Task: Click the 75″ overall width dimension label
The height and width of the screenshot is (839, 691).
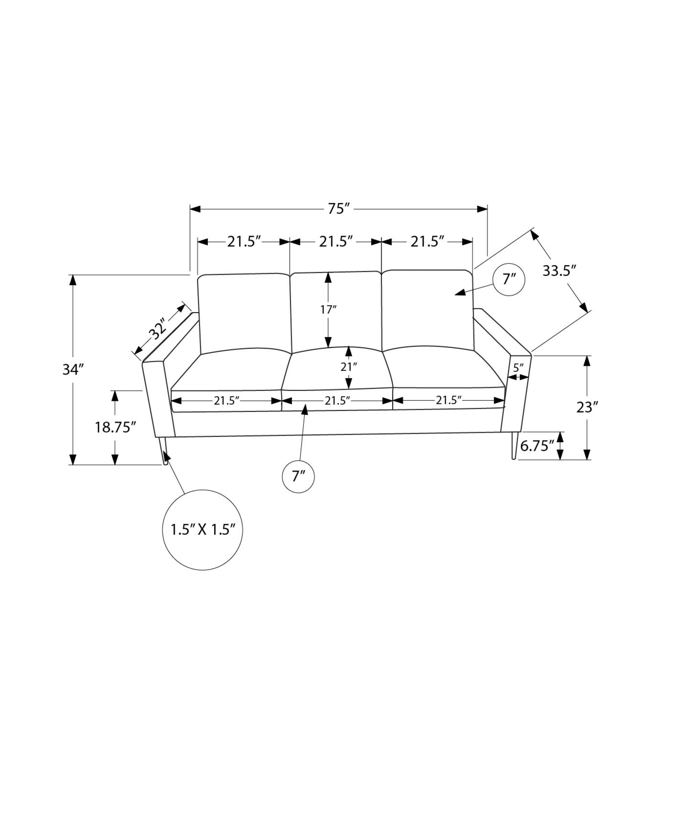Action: click(339, 208)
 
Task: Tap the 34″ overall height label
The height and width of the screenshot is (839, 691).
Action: click(73, 370)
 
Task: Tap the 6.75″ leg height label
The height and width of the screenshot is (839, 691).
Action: click(537, 446)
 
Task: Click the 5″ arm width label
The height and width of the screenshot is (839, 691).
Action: click(519, 368)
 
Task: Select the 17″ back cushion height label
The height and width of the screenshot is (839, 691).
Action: click(328, 310)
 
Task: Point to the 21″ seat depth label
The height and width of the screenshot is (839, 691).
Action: click(348, 367)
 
